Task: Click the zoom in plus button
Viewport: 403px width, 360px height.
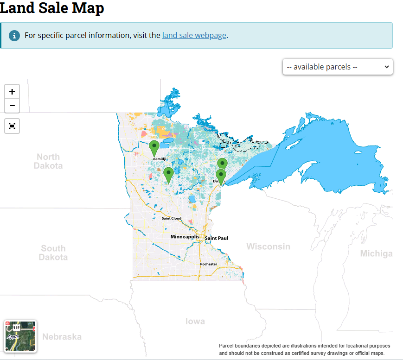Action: [x=12, y=92]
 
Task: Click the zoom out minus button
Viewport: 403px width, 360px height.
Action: [x=12, y=106]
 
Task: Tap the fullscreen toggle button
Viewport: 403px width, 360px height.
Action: [x=12, y=126]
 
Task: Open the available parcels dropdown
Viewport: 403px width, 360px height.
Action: [x=338, y=67]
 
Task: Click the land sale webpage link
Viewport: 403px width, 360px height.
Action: [x=194, y=35]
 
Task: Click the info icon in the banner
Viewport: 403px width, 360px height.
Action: [x=14, y=35]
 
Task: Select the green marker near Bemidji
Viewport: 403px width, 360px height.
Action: [x=154, y=148]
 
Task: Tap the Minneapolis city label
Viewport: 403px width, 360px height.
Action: [x=185, y=237]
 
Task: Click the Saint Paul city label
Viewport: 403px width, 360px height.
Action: [x=217, y=238]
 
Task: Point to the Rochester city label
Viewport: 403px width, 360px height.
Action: [x=208, y=264]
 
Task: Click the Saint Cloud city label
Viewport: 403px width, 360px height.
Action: [x=171, y=218]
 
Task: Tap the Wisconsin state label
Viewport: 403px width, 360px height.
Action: [x=268, y=246]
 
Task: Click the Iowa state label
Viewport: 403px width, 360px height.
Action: [x=195, y=321]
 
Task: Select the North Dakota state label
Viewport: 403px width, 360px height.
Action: [x=48, y=161]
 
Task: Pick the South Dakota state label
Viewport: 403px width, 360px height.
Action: [x=53, y=253]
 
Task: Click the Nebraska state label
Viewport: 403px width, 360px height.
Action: [x=62, y=337]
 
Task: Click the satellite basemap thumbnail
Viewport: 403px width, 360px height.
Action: [x=20, y=336]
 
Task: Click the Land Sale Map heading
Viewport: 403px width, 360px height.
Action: [x=52, y=8]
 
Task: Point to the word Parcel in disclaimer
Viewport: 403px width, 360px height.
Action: [x=228, y=346]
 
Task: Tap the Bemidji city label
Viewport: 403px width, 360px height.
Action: [x=160, y=159]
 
